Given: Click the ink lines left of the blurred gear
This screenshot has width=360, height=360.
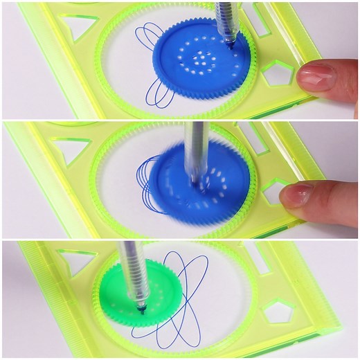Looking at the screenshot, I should tap(143, 177).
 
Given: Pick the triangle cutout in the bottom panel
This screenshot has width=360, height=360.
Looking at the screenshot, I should tap(80, 260).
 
